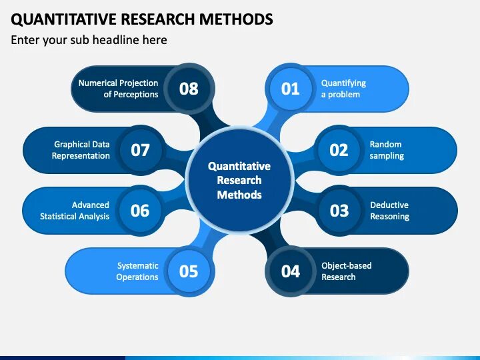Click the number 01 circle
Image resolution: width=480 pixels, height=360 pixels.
[291, 89]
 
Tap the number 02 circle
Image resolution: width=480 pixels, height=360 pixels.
[339, 150]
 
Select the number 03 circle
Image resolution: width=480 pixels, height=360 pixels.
[339, 211]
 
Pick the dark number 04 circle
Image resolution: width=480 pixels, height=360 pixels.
[291, 271]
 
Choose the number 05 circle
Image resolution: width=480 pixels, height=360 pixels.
[189, 271]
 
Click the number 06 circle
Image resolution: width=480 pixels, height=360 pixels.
[140, 211]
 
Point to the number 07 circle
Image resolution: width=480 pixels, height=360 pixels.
[140, 150]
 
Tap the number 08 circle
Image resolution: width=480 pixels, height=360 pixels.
[189, 89]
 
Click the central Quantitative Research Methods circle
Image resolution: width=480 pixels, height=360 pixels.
[239, 180]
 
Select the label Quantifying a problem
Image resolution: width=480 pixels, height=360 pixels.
[343, 89]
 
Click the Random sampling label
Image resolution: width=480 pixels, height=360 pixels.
[387, 150]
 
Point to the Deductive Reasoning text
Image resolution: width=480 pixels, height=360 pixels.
[389, 211]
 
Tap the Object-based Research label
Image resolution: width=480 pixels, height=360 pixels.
[346, 271]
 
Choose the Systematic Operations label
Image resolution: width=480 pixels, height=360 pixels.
[137, 271]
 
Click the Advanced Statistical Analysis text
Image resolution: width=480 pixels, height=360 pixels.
[75, 211]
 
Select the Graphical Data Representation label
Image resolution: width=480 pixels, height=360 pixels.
[81, 150]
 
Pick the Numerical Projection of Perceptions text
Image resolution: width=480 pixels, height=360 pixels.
[118, 89]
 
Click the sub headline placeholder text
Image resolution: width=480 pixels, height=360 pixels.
[89, 40]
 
